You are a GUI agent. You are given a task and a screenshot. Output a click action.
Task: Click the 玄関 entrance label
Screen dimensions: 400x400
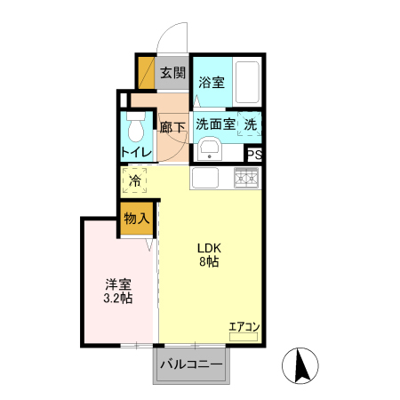(x=172, y=74)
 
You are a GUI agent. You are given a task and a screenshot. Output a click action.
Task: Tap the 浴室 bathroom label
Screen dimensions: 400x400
(x=211, y=83)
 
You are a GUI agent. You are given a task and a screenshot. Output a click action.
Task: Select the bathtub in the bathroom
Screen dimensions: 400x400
(x=246, y=82)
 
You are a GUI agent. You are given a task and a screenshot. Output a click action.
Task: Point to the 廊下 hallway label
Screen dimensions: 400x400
(x=172, y=126)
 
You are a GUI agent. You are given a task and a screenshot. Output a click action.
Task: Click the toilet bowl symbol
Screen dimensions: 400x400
(x=135, y=130)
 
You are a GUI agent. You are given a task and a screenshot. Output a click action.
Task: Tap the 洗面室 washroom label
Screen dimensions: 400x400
(x=215, y=124)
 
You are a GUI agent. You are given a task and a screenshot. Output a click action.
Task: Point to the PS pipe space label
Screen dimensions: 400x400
(x=254, y=153)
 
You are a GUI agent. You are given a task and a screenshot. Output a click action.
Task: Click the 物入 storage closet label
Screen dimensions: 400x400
(x=136, y=218)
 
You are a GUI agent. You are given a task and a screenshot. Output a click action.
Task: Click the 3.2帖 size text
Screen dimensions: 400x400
(x=117, y=300)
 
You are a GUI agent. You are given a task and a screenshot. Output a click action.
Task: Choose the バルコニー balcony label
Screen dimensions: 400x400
(x=190, y=364)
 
